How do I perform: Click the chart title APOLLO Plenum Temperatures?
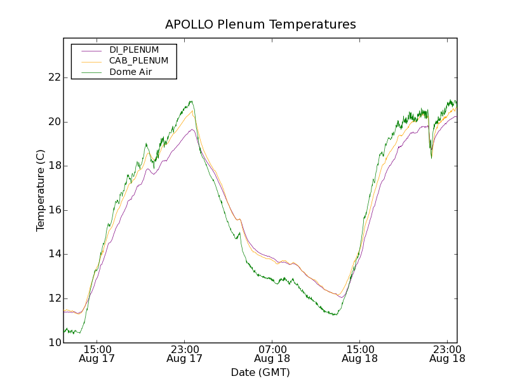260,25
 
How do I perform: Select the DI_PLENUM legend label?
134,50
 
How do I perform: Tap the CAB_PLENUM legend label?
138,61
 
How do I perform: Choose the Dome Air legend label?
130,72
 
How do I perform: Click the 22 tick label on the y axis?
54,77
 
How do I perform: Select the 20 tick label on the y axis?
54,122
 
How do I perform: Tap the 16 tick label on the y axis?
54,210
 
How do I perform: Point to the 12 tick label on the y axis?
54,298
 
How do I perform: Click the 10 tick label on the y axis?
54,343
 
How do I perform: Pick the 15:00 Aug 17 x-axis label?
97,354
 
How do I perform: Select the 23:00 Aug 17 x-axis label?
184,354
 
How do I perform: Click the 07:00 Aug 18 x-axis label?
272,354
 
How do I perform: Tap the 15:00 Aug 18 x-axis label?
359,354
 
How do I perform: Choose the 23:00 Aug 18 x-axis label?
447,354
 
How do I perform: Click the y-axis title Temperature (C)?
41,190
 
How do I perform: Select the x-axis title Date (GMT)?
260,372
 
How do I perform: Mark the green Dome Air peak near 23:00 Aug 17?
190,101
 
